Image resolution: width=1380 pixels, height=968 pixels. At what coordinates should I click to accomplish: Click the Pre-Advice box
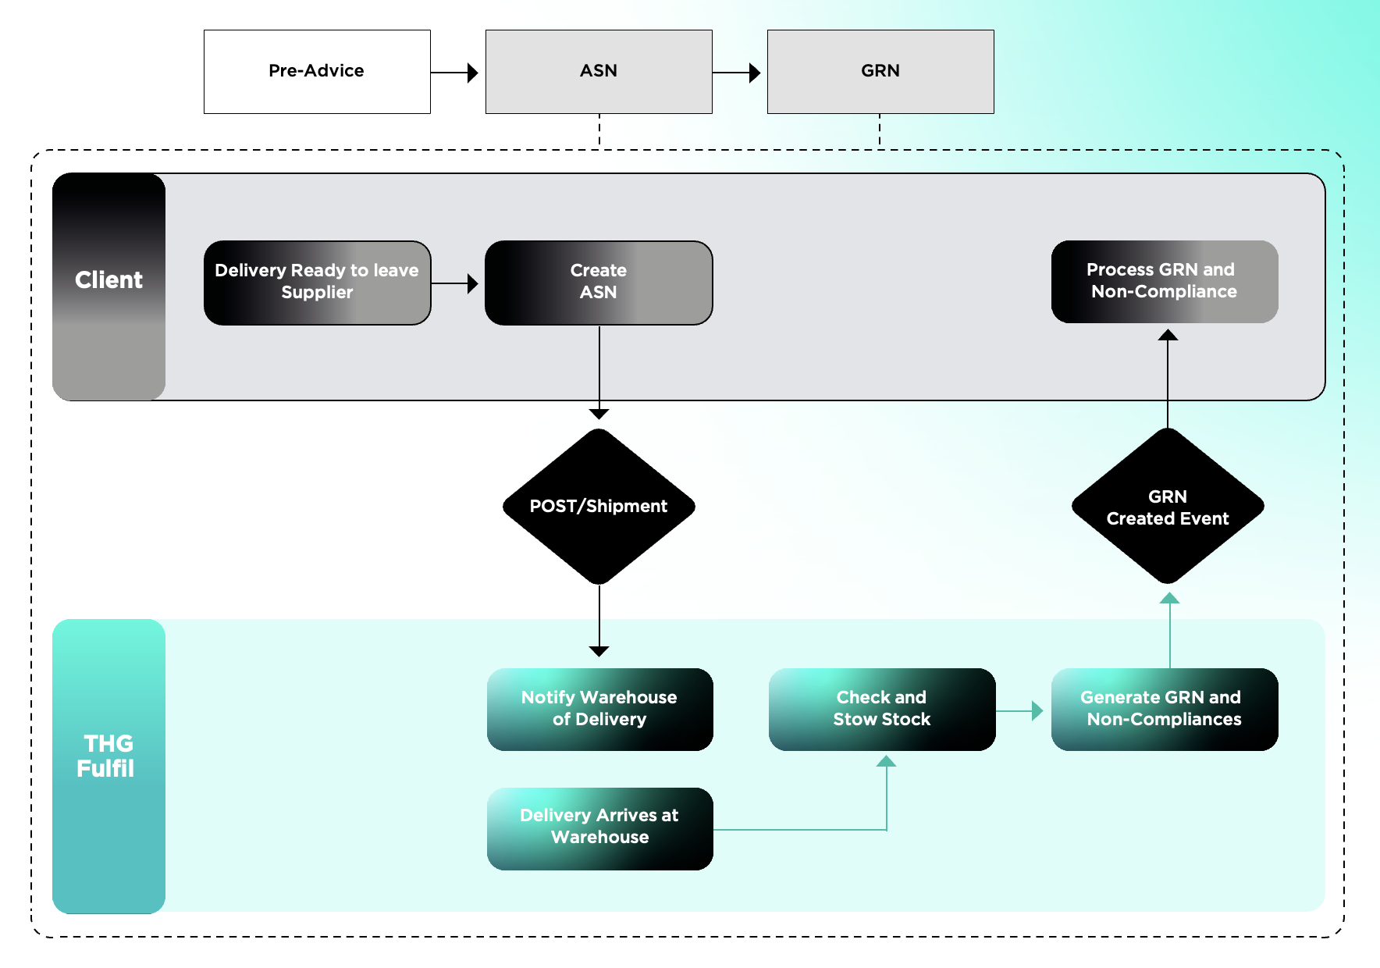click(x=317, y=72)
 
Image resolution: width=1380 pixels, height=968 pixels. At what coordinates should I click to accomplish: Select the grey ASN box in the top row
click(x=599, y=72)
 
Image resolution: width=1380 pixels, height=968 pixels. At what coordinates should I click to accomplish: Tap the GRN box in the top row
click(x=880, y=72)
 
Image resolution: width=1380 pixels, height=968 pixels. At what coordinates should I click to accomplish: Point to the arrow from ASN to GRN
click(x=737, y=73)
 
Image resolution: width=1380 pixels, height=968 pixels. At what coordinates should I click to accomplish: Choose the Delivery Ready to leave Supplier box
click(x=317, y=283)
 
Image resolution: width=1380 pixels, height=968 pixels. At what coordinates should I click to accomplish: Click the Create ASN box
click(x=599, y=283)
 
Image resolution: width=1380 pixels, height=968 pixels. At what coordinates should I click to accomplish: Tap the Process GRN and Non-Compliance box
click(x=1164, y=281)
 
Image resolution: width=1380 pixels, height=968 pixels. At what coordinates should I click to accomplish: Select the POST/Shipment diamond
click(x=599, y=507)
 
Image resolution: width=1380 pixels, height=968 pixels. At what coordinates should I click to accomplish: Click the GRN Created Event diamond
click(x=1168, y=507)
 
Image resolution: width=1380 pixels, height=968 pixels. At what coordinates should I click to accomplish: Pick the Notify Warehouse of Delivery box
click(x=599, y=709)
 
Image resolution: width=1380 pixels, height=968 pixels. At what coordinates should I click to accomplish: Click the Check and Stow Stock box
click(x=882, y=709)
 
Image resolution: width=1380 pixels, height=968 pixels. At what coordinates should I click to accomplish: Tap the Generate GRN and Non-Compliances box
click(x=1164, y=709)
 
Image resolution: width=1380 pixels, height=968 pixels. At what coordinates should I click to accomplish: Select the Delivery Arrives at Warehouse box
click(x=599, y=827)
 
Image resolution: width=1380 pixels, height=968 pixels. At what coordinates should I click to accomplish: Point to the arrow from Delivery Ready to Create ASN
click(x=455, y=283)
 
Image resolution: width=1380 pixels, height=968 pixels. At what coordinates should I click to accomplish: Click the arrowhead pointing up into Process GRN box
click(x=1168, y=335)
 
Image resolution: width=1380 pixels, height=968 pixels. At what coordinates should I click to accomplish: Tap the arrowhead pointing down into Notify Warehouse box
click(x=599, y=651)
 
